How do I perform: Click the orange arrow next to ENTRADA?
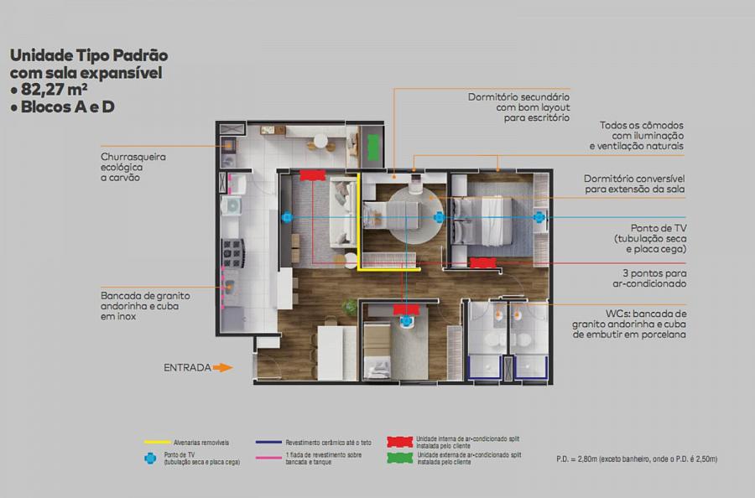coord(222,367)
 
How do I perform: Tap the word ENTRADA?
coord(187,367)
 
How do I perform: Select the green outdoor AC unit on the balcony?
coord(373,148)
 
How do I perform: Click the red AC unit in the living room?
coord(313,175)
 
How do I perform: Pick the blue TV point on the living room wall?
coord(287,217)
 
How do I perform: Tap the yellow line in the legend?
coord(158,442)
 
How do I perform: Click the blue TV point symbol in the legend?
coord(150,459)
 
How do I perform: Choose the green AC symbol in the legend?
coord(400,458)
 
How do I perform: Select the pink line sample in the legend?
coord(268,458)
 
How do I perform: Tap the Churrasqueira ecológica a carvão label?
coord(133,167)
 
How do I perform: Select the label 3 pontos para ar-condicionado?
coord(649,278)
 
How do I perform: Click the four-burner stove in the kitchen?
coord(233,252)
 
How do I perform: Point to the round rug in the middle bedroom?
coord(415,215)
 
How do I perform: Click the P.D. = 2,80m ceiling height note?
coord(637,459)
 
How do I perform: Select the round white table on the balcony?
coord(320,142)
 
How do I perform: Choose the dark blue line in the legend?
coord(268,442)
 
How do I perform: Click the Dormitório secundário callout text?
coord(518,107)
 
